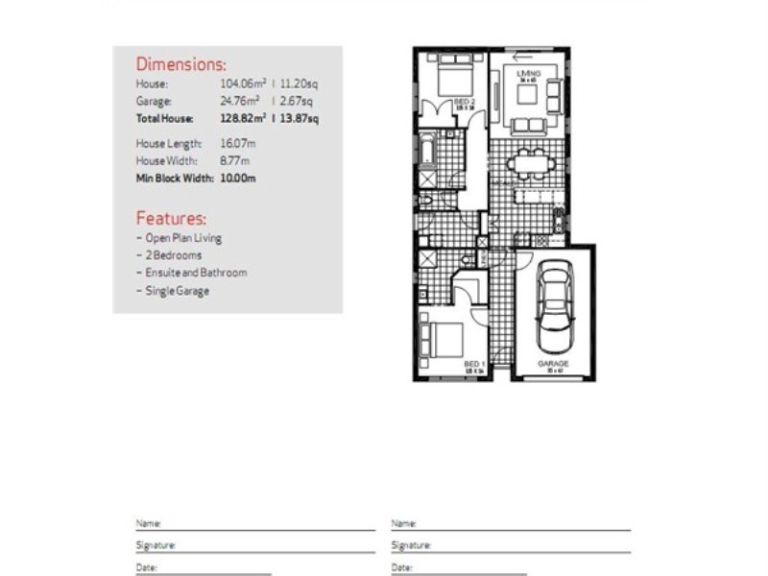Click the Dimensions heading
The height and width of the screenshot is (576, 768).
pos(181,65)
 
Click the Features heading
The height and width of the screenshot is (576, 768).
pos(171,218)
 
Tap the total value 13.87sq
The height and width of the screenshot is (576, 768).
pos(299,118)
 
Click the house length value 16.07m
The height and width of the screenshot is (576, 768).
pos(238,143)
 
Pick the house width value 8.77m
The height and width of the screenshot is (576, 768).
pos(234,160)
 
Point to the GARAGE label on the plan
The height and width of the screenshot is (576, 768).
pos(553,364)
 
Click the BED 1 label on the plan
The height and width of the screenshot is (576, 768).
pos(474,365)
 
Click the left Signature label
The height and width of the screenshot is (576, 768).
pos(156,545)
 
